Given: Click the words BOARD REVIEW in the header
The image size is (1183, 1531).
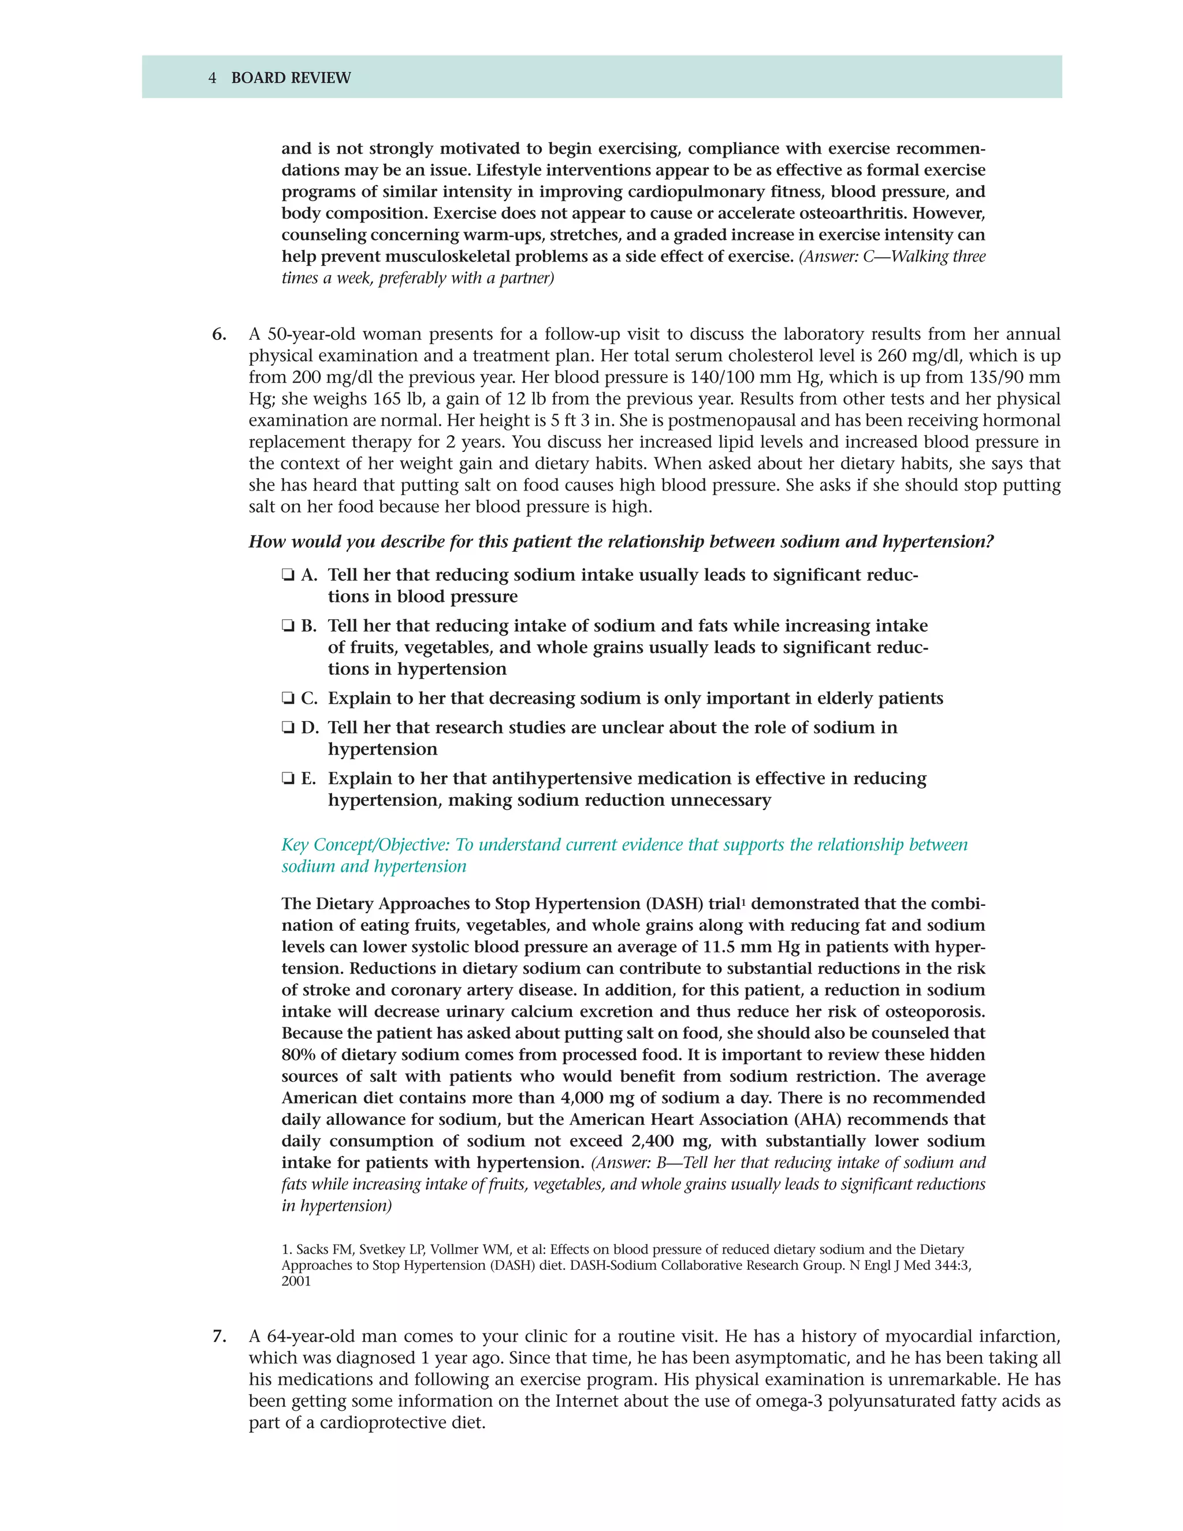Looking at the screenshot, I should (x=291, y=78).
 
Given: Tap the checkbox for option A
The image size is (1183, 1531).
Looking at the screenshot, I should (x=287, y=575).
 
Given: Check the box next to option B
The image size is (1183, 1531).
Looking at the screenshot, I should (x=287, y=626).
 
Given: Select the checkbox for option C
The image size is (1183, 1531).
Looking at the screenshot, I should (x=287, y=699).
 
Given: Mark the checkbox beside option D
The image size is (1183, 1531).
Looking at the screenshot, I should (x=287, y=727).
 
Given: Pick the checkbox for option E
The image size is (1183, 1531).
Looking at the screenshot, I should (x=287, y=779).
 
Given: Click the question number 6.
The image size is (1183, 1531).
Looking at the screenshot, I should (x=219, y=335).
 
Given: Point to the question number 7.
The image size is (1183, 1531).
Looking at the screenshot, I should (x=219, y=1336).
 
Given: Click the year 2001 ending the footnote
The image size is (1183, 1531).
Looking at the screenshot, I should (x=296, y=1281).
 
